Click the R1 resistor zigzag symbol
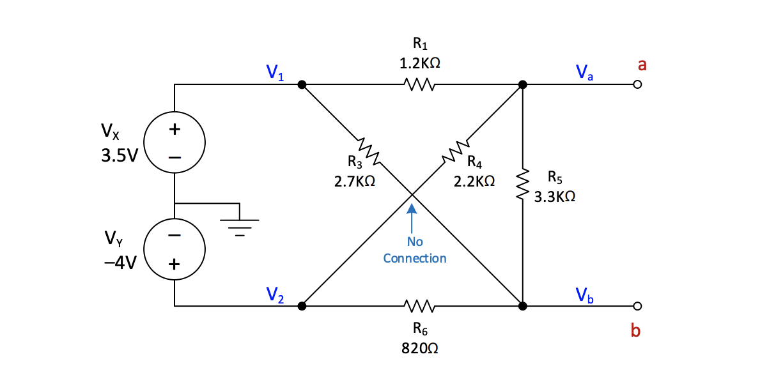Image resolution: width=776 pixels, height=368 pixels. pyautogui.click(x=419, y=84)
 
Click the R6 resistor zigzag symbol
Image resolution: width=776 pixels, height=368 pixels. pyautogui.click(x=419, y=306)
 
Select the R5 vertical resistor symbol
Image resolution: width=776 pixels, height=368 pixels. pyautogui.click(x=523, y=185)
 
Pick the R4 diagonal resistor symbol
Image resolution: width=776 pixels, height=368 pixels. pyautogui.click(x=454, y=151)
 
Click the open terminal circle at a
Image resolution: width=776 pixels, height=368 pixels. pyautogui.click(x=636, y=84)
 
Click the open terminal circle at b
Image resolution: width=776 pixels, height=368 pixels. pyautogui.click(x=636, y=306)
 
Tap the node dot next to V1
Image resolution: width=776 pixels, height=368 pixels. pyautogui.click(x=302, y=84)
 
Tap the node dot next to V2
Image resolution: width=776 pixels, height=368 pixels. pyautogui.click(x=302, y=306)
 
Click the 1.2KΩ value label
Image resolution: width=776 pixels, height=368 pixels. pyautogui.click(x=420, y=63)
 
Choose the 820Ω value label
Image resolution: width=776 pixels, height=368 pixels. pyautogui.click(x=420, y=349)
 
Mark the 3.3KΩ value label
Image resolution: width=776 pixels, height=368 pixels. pyautogui.click(x=555, y=197)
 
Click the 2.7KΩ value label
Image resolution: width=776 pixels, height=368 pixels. pyautogui.click(x=354, y=181)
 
